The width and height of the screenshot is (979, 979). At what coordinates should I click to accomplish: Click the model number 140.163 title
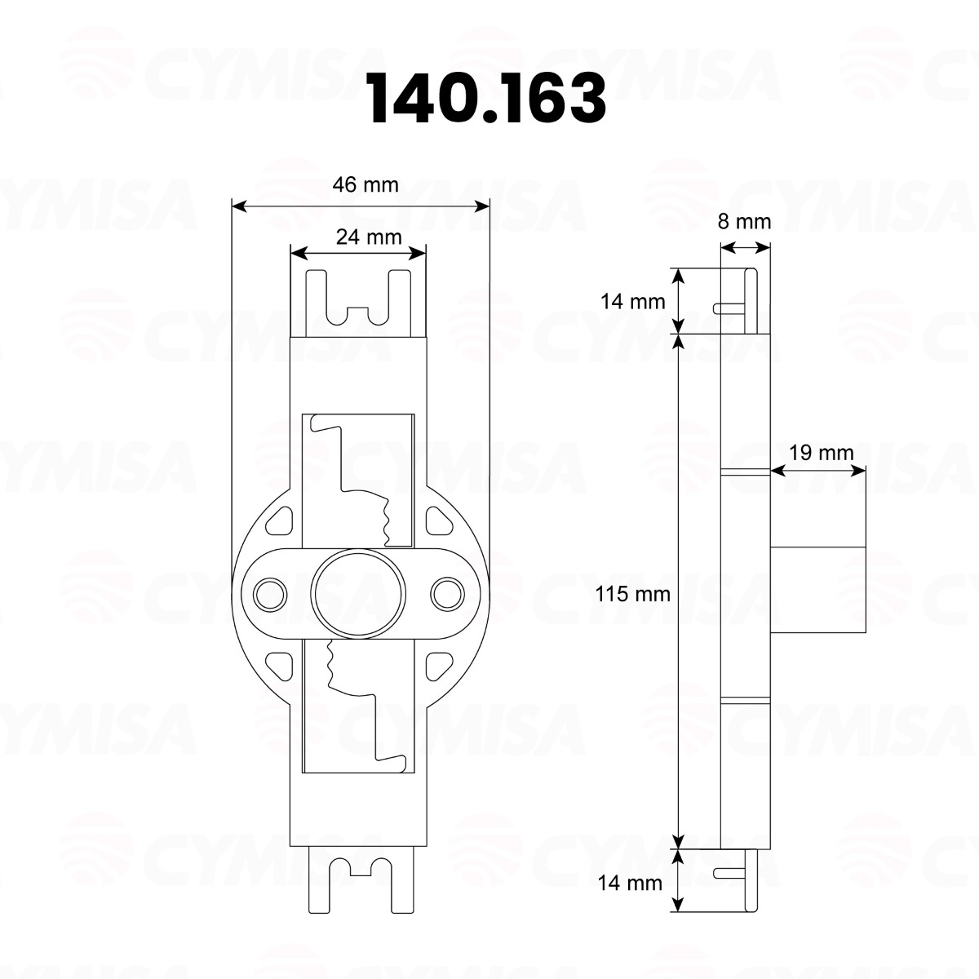487,99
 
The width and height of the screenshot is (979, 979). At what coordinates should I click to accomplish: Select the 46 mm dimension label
365,185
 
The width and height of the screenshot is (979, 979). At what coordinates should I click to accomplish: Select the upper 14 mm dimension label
633,301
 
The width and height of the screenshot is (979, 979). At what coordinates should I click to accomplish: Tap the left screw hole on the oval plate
269,594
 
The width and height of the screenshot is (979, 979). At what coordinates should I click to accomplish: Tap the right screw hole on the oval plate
447,594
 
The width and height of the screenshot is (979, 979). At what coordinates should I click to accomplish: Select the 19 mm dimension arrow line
817,470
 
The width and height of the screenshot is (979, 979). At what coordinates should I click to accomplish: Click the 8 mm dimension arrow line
745,248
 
